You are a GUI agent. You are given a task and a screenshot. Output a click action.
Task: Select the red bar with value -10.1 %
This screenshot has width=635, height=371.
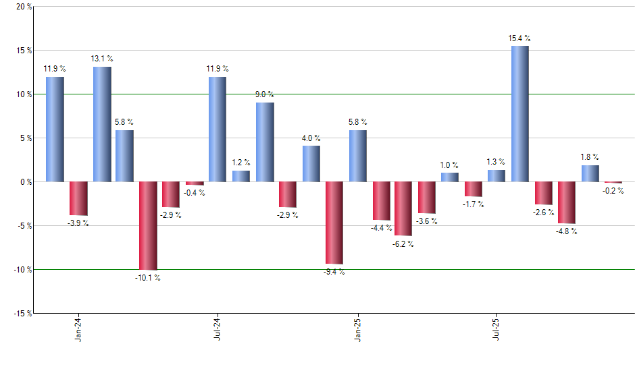tap(148, 225)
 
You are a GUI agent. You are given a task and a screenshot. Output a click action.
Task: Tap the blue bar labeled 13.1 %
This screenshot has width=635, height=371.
tap(102, 124)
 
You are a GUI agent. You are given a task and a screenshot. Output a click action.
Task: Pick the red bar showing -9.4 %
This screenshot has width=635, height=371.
tap(334, 223)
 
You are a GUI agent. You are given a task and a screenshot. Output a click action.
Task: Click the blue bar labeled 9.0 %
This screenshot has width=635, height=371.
tap(265, 142)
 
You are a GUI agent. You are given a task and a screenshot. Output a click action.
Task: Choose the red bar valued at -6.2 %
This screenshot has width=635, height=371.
tap(403, 208)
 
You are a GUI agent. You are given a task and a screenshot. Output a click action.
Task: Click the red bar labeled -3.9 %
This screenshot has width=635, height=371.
tap(78, 198)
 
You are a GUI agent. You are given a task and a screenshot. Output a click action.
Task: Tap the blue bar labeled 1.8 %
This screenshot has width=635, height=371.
tap(590, 173)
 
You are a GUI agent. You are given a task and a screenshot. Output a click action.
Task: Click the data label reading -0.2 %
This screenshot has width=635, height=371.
tap(613, 191)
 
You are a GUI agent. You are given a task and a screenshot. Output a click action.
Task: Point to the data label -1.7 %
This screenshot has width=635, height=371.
tap(473, 204)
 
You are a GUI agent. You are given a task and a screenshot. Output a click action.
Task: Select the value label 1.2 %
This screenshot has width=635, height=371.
tap(240, 163)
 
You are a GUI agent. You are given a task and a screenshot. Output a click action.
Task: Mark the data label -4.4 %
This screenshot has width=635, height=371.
tap(381, 228)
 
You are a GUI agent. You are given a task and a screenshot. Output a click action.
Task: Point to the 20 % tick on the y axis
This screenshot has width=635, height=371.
tap(23, 7)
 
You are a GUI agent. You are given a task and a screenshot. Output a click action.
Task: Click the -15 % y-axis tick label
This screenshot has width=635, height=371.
tap(22, 313)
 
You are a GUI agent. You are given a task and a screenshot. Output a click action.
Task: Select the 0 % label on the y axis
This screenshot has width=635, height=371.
tap(25, 181)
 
